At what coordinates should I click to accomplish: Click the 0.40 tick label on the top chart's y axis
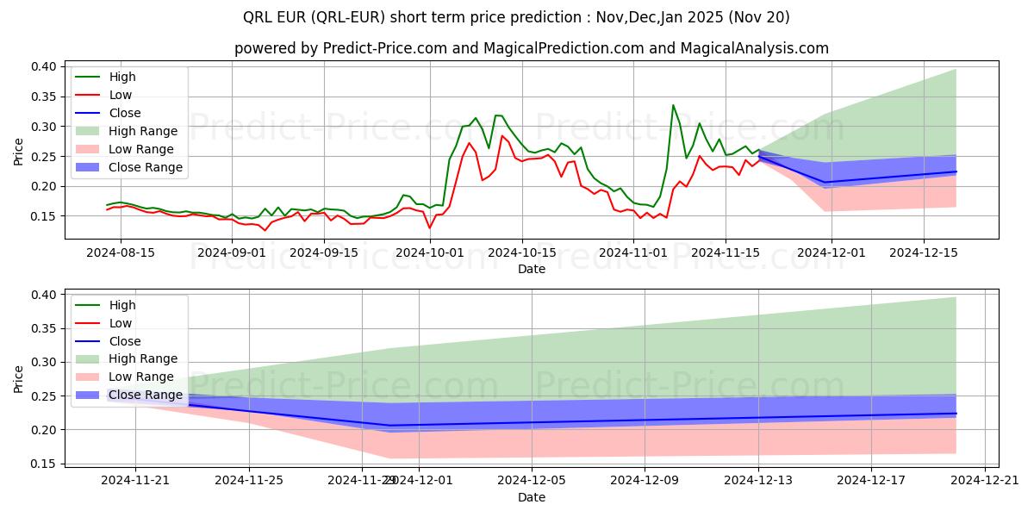click(44, 66)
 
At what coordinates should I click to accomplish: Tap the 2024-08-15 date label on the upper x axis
click(120, 252)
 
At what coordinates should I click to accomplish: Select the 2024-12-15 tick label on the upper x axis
click(925, 252)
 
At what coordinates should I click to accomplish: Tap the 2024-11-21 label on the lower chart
click(135, 481)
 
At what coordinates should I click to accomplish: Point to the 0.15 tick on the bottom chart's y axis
click(44, 464)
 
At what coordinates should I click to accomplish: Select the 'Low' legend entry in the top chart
click(121, 95)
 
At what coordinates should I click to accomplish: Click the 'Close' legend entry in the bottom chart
click(125, 341)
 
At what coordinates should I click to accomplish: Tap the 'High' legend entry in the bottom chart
click(122, 305)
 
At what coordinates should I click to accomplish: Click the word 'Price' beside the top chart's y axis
click(19, 152)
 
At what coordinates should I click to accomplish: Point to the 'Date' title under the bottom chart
click(532, 497)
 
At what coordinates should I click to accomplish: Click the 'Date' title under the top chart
click(532, 269)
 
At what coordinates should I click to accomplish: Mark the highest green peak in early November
click(673, 105)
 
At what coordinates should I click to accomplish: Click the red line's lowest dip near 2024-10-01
click(429, 228)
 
